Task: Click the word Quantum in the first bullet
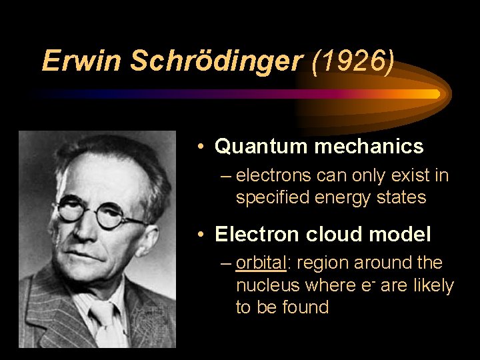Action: (x=257, y=146)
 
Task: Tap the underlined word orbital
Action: (x=261, y=263)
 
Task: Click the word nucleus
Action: (x=268, y=285)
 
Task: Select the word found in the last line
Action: (x=309, y=307)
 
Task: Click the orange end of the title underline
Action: (x=427, y=94)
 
